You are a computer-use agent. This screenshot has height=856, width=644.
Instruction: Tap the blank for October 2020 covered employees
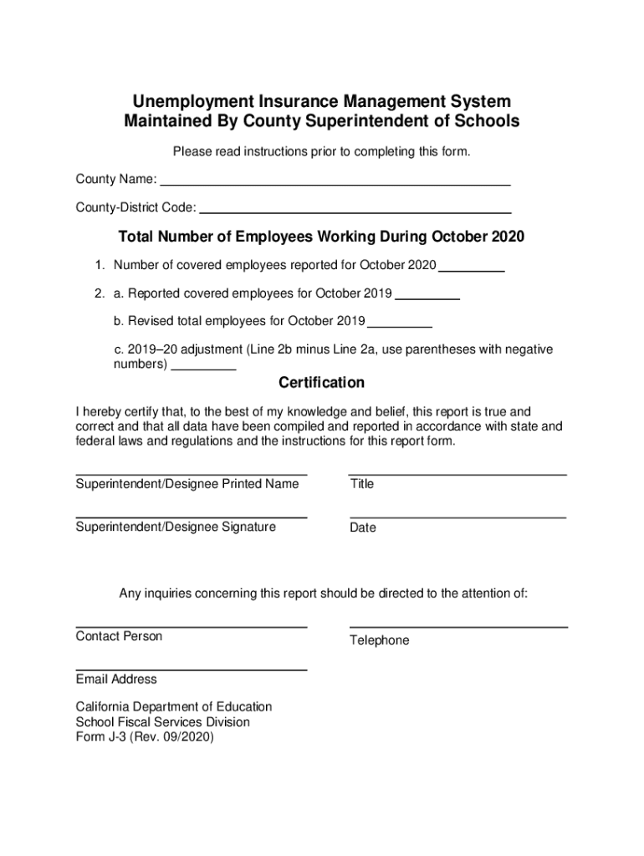click(x=472, y=266)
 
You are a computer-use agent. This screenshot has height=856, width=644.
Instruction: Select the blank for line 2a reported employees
click(x=427, y=293)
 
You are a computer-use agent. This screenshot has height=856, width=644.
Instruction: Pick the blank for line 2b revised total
click(x=399, y=322)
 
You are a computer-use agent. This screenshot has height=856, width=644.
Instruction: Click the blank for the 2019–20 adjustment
click(x=203, y=365)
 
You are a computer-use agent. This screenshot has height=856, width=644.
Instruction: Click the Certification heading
click(x=321, y=383)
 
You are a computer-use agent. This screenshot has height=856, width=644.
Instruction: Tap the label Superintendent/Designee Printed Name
click(x=187, y=484)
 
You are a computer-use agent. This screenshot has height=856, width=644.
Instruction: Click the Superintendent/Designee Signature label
click(x=176, y=527)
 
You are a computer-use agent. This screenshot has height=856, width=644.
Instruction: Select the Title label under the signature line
click(x=362, y=484)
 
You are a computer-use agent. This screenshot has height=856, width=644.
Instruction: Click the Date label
click(x=363, y=527)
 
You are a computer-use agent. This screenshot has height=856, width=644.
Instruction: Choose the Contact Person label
click(x=119, y=636)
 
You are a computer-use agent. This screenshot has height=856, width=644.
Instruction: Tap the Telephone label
click(x=379, y=640)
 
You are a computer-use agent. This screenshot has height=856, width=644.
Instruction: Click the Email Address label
click(x=116, y=679)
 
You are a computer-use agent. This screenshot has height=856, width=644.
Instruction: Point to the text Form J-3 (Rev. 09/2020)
click(x=145, y=737)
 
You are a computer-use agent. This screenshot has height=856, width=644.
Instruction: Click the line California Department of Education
click(x=173, y=706)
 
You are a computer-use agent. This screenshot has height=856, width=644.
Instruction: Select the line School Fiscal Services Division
click(x=162, y=721)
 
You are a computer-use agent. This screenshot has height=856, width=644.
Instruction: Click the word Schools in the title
click(x=488, y=121)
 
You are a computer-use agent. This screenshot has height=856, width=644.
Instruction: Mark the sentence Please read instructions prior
click(x=321, y=151)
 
